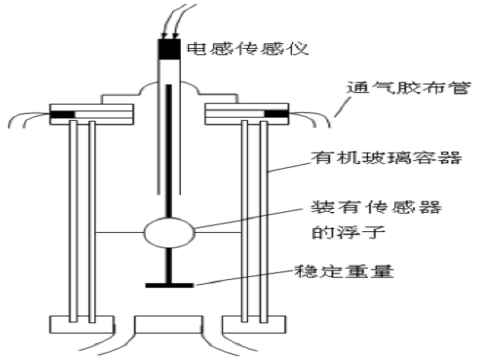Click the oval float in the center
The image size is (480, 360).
point(168,234)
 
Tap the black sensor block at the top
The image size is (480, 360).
point(168,49)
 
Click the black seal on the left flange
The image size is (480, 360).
point(63,114)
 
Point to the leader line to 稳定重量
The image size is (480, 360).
point(240,277)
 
